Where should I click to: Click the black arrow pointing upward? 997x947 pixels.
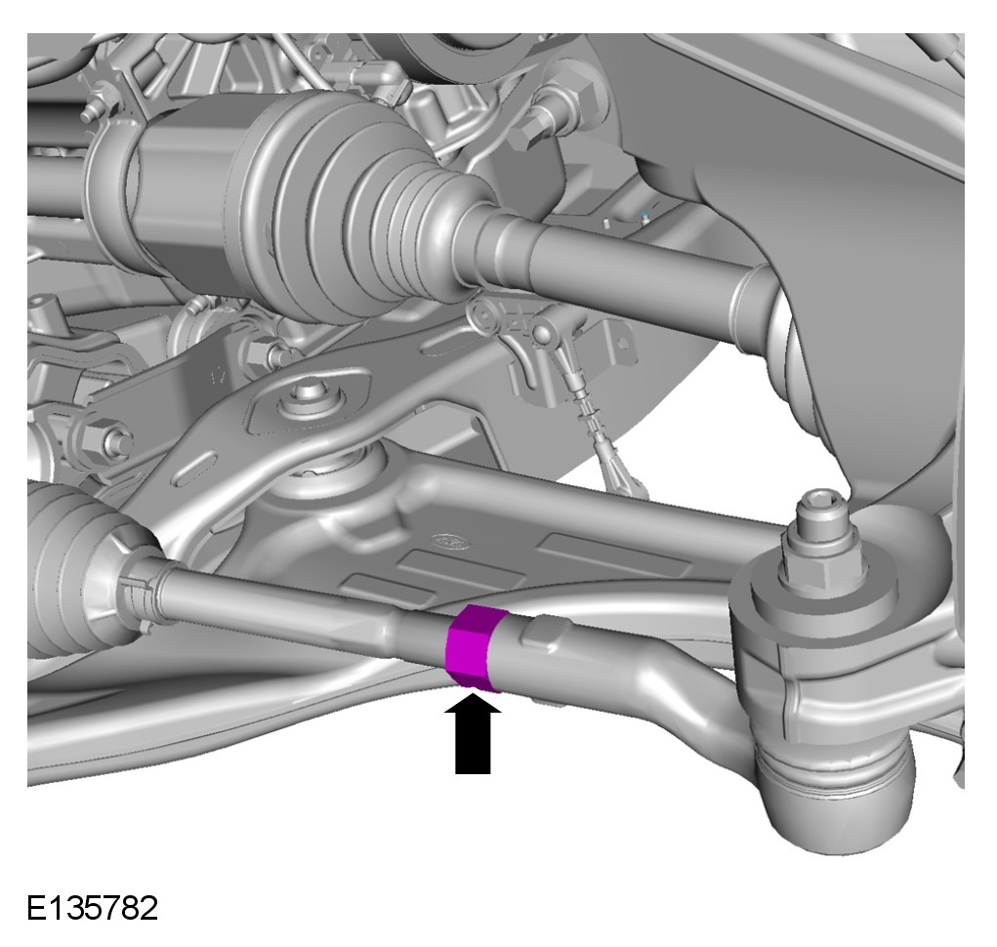pyautogui.click(x=473, y=734)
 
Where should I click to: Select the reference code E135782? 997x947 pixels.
pyautogui.click(x=92, y=908)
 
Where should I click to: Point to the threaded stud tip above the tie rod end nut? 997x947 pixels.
pyautogui.click(x=821, y=509)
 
